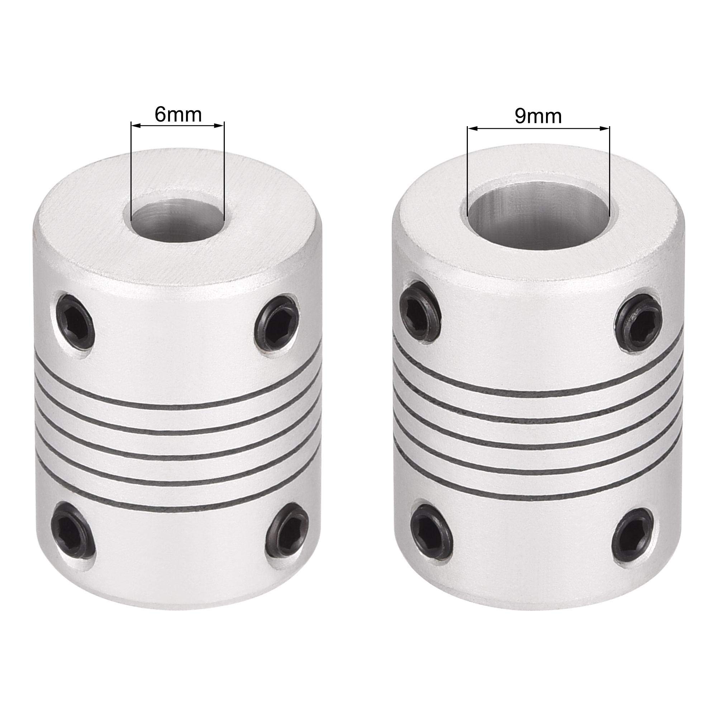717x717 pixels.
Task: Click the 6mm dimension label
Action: point(178,115)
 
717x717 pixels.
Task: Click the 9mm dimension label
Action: point(538,117)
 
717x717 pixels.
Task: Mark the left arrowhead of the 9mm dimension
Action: point(473,129)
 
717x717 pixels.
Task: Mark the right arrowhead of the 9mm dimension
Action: point(605,129)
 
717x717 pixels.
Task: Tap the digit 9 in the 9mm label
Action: point(520,117)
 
